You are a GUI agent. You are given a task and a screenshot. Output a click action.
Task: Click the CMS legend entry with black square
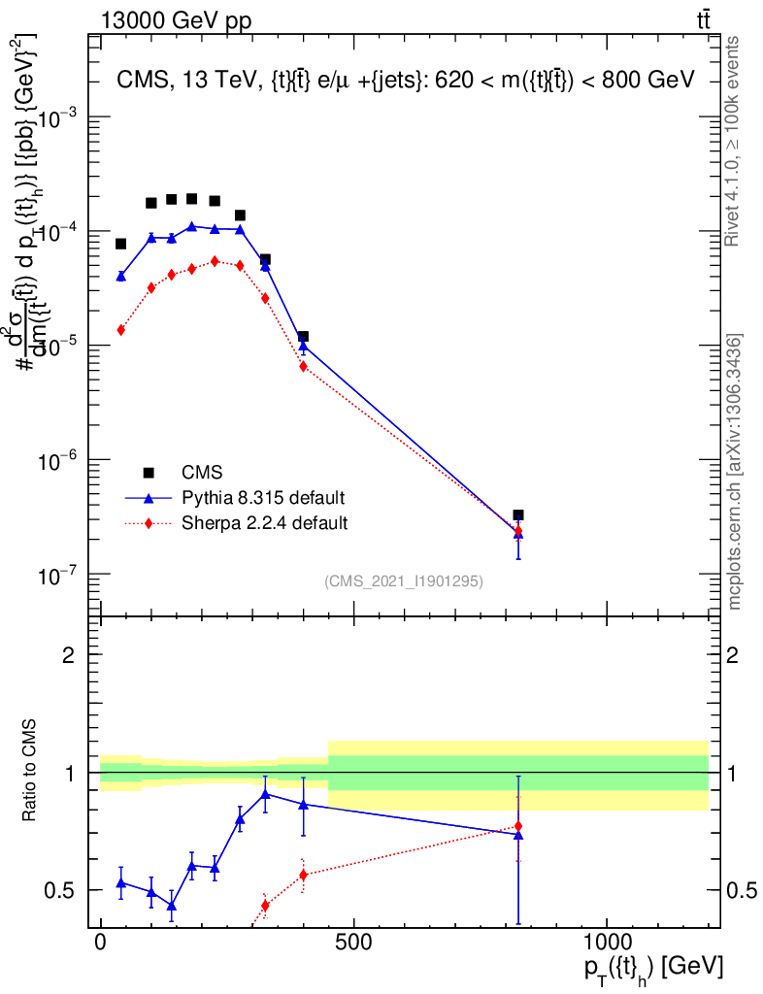[x=202, y=473]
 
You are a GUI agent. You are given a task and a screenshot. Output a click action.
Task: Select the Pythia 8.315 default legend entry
[x=263, y=498]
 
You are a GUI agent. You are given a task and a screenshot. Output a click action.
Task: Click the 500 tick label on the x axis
[x=353, y=943]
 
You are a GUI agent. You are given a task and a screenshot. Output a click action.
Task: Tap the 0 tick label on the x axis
[x=101, y=943]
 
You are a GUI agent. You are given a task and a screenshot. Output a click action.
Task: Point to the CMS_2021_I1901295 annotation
[x=404, y=580]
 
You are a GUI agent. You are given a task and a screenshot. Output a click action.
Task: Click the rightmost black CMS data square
[x=518, y=515]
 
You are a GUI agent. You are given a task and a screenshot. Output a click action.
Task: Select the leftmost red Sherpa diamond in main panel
[x=120, y=330]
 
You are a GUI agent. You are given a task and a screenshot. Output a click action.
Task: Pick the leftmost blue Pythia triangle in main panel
[x=120, y=276]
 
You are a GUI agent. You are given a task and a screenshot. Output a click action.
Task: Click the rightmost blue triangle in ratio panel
[x=518, y=834]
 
